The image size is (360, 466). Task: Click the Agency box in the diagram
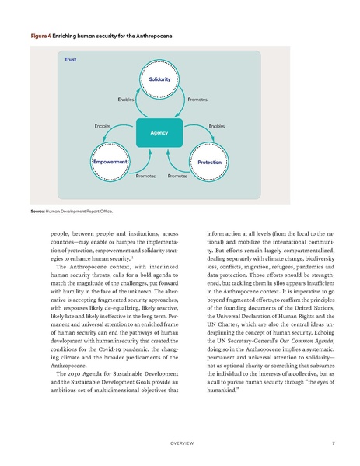tap(159, 133)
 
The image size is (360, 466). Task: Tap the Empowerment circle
tap(110, 162)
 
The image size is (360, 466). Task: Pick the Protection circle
tap(208, 162)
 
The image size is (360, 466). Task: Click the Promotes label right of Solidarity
tap(197, 101)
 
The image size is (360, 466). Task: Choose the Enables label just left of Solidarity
tap(125, 101)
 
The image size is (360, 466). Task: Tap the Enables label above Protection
tap(217, 124)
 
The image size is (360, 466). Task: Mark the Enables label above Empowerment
tap(102, 124)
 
